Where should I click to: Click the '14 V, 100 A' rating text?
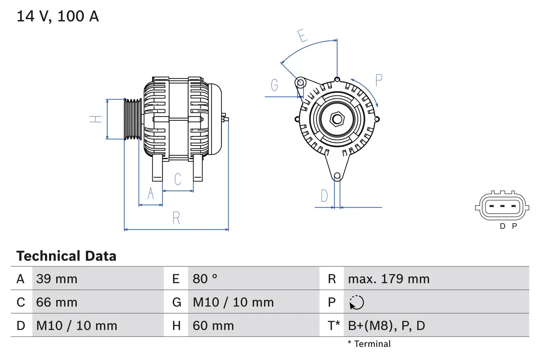click(58, 16)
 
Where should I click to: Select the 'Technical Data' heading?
click(66, 256)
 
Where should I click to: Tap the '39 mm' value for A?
click(57, 279)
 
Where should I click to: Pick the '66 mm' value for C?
click(57, 302)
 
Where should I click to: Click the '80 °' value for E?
click(205, 279)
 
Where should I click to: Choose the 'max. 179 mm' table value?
click(389, 279)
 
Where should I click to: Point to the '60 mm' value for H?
click(213, 325)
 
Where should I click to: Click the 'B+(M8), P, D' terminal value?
click(386, 325)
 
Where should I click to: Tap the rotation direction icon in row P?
click(356, 303)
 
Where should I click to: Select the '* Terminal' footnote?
click(369, 344)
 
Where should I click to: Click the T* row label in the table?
click(334, 325)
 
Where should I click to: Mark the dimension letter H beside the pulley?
click(96, 119)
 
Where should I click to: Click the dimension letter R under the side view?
click(176, 218)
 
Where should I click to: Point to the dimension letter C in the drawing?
click(178, 179)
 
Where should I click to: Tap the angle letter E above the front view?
click(302, 36)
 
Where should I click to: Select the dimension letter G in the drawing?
click(275, 85)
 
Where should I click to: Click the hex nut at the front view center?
click(337, 119)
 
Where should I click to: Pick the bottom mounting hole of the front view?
click(337, 176)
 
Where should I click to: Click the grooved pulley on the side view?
click(133, 119)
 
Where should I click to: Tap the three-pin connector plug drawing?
click(501, 206)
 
